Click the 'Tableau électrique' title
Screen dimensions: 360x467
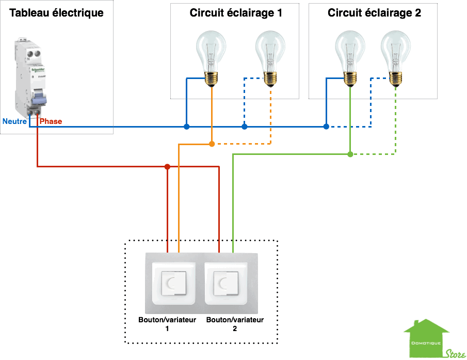click(x=56, y=13)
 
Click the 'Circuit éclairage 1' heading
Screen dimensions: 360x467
click(x=235, y=13)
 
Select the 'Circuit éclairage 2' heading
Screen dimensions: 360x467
click(x=374, y=13)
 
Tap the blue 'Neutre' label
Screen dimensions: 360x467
click(x=14, y=121)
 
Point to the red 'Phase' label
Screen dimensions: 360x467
click(x=51, y=121)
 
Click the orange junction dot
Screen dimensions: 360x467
click(x=212, y=144)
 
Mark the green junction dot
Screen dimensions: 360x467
click(x=350, y=154)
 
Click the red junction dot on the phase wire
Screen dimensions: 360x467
click(x=167, y=166)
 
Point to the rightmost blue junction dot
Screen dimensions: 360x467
click(x=326, y=126)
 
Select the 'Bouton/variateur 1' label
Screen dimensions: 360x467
click(x=167, y=323)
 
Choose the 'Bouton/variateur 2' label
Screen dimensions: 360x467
click(x=235, y=323)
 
